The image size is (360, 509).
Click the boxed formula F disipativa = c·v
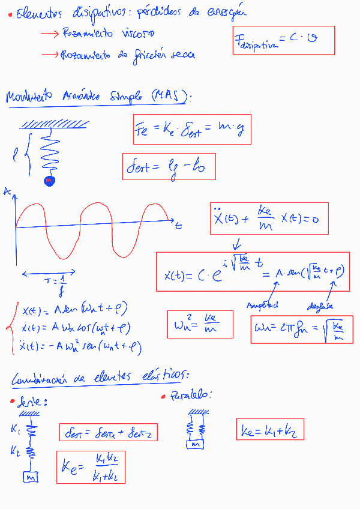(283, 40)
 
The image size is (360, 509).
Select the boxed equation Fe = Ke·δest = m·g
(191, 129)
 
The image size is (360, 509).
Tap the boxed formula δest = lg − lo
(169, 168)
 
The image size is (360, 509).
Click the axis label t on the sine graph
(179, 226)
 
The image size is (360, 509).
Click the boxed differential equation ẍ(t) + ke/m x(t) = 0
(266, 218)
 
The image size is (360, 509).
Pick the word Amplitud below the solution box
(263, 306)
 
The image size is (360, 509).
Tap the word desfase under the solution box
(321, 307)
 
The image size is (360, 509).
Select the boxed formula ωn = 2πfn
(301, 330)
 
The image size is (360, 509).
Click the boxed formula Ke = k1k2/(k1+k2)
(91, 467)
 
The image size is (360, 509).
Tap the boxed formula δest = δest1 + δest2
(108, 432)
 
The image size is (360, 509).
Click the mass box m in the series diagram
(31, 477)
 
